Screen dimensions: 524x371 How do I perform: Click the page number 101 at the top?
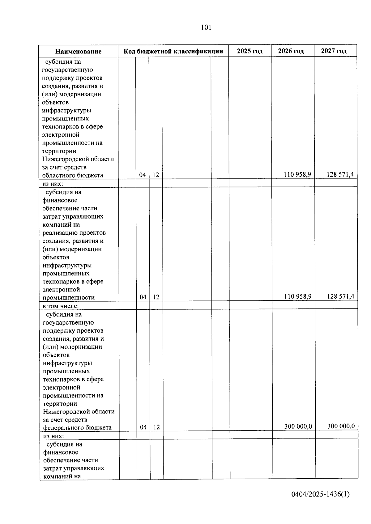[206, 27]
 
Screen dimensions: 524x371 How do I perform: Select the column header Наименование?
[78, 51]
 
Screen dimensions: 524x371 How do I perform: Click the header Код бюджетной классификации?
[173, 51]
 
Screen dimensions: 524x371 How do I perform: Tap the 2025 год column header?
[250, 51]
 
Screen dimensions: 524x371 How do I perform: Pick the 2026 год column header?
[292, 51]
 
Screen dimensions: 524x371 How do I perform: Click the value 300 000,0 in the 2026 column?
[298, 426]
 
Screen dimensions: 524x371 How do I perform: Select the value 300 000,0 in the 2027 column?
[341, 426]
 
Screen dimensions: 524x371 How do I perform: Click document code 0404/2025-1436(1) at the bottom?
[320, 494]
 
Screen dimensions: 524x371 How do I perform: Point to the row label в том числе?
[61, 306]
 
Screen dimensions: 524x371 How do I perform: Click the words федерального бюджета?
[77, 428]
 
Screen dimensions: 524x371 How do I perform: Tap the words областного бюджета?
[73, 175]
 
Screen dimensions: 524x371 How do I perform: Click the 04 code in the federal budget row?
[143, 427]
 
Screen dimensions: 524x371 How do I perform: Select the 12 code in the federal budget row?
[156, 427]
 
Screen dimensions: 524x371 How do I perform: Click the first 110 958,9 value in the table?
[297, 174]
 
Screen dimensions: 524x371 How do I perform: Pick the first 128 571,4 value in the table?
[340, 174]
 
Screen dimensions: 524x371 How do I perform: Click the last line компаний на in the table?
[62, 476]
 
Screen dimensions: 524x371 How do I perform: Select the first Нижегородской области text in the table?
[78, 159]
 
